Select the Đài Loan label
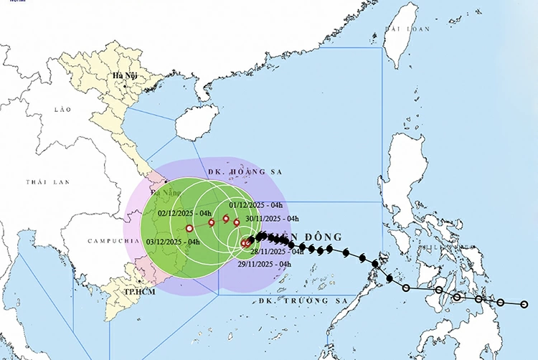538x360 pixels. coord(406,29)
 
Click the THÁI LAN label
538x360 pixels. coord(47,182)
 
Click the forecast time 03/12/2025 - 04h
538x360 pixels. coord(173,242)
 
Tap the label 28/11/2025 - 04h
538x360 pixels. coord(277,251)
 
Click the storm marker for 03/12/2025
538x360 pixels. coord(189,228)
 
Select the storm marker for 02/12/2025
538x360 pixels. coord(212,222)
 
